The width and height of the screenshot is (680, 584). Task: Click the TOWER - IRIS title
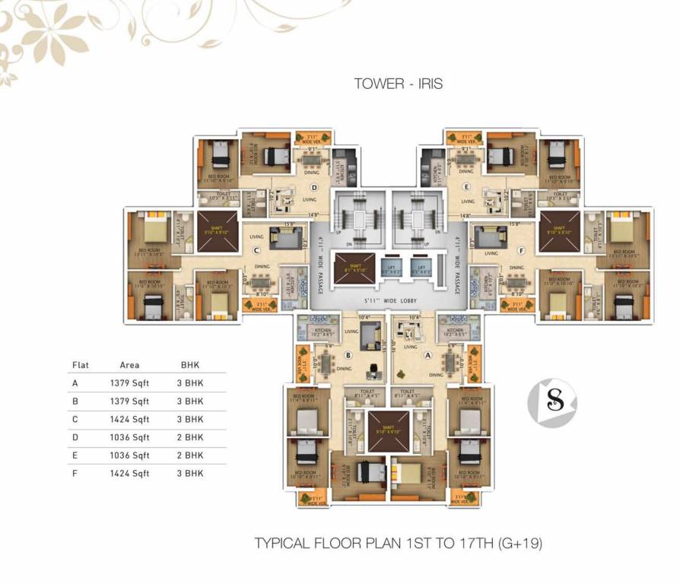(398, 84)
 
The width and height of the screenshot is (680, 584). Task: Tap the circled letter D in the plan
(313, 187)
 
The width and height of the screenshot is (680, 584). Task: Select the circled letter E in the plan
(467, 187)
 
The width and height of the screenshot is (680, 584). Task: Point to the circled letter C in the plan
(257, 249)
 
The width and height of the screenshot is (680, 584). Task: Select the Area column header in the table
(129, 365)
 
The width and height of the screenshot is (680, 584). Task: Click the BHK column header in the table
(189, 365)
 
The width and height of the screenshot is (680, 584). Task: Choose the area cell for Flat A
(129, 383)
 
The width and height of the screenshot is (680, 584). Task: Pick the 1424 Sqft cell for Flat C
(129, 419)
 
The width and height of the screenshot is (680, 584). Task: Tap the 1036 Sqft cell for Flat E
(129, 455)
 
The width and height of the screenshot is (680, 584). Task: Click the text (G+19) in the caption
(520, 544)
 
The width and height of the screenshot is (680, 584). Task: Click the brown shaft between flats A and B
(389, 430)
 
